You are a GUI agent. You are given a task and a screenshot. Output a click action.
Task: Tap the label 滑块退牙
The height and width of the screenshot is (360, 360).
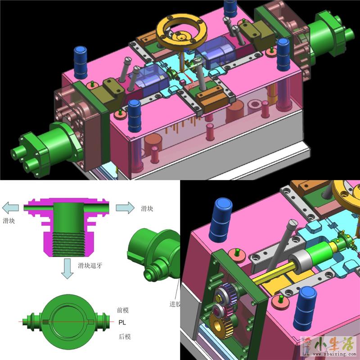click(90, 265)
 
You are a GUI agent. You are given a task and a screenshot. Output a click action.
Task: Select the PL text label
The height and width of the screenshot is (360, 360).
click(122, 323)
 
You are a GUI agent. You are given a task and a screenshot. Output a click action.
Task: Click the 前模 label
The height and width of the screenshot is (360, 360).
click(123, 310)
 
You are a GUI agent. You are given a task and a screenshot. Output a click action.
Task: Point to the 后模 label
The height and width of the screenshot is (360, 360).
click(125, 337)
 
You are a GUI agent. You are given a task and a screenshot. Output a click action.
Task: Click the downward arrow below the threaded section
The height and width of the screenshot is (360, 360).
click(67, 269)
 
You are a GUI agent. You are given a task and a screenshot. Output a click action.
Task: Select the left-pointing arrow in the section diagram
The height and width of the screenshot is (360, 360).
click(10, 208)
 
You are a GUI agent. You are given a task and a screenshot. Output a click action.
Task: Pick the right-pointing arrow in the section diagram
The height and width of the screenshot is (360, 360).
click(125, 208)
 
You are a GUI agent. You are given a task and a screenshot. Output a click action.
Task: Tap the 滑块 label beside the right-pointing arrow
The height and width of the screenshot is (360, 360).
click(147, 209)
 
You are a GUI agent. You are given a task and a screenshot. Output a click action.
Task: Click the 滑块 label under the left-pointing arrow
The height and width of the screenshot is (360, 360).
click(9, 221)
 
